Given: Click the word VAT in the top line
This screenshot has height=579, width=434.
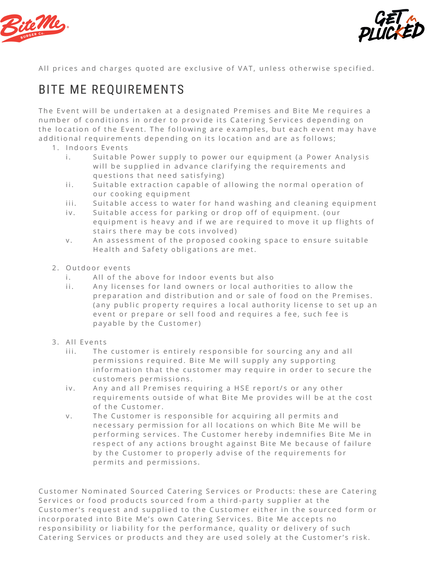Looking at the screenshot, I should click(x=245, y=69).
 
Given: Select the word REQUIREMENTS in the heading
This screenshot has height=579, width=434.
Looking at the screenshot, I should click(x=138, y=90).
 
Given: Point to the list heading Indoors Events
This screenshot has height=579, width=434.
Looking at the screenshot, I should click(x=97, y=148).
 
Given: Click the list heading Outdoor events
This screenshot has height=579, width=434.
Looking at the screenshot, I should click(x=98, y=268).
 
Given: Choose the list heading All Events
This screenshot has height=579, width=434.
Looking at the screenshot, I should click(x=86, y=342).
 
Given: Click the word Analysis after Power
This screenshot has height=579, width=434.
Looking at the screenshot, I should click(x=352, y=157).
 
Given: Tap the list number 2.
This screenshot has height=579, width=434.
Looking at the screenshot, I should click(x=55, y=268).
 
